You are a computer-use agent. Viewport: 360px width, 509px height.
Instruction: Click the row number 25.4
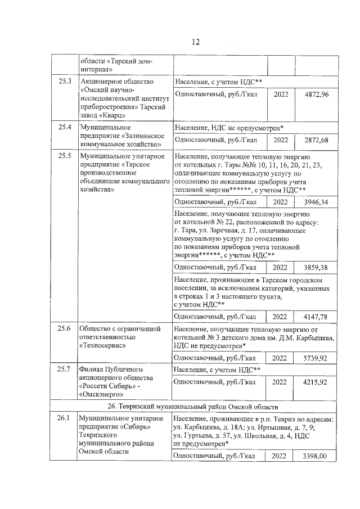[x=65, y=127]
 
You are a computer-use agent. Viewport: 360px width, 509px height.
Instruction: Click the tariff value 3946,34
[x=316, y=201]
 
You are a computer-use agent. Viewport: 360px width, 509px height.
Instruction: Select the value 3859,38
[x=316, y=267]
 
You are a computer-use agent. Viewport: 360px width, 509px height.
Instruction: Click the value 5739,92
[x=316, y=357]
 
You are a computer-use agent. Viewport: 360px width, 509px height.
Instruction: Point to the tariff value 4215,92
[x=316, y=382]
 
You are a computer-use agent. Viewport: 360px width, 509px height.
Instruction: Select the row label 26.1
[x=65, y=418]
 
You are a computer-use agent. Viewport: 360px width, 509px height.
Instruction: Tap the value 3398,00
[x=316, y=456]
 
